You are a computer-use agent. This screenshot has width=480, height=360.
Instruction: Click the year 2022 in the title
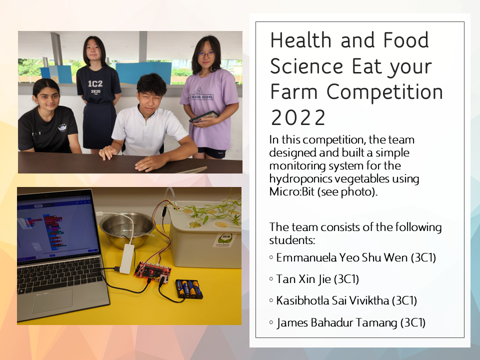pos(298,117)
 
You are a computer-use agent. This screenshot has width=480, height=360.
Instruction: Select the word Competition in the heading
pos(385,92)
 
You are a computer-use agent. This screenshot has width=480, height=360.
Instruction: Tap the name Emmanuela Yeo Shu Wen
pos(341,258)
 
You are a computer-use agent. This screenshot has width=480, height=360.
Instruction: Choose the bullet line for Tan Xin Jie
pos(314,279)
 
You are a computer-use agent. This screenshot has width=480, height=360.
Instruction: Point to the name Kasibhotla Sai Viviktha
pos(332,300)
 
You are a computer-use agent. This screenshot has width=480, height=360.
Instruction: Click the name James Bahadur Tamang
pos(337,322)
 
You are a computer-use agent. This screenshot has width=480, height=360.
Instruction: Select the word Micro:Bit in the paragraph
pos(291,191)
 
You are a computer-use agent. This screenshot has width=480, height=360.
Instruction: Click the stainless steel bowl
pos(127,230)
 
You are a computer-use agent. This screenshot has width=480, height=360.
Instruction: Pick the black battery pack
pos(189,288)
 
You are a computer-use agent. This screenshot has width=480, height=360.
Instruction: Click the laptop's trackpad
pos(52,300)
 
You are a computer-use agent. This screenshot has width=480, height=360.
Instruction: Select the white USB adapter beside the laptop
pos(126,258)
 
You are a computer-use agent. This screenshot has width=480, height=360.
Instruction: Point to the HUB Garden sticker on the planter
pos(224,240)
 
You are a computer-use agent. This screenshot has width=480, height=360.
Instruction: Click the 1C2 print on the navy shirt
pos(95,83)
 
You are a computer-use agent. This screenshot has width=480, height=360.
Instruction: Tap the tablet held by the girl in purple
pos(204,116)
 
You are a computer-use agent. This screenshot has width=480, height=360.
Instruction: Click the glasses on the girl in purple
pos(205,55)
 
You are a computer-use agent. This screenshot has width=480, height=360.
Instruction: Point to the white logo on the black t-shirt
pos(62,128)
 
